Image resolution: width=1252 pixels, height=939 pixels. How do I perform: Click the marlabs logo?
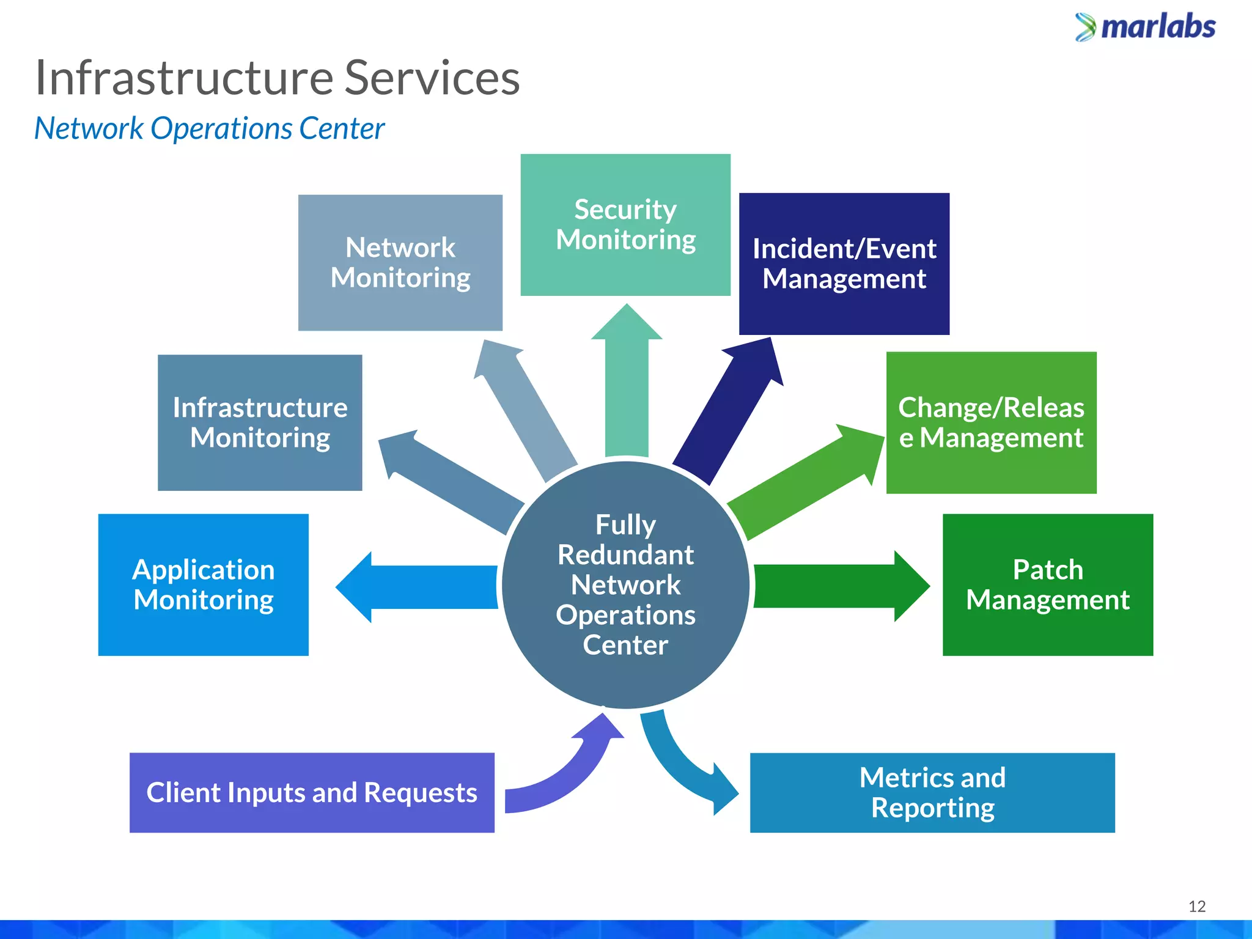pos(1146,28)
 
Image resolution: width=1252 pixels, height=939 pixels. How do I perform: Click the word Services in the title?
pos(432,78)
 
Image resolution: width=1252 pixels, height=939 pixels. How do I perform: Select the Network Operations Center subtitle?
pos(209,129)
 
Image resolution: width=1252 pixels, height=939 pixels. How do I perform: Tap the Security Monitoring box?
pos(625,224)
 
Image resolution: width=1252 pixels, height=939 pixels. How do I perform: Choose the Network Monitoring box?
pos(400,263)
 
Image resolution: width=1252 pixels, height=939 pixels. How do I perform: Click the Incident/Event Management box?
pos(844,263)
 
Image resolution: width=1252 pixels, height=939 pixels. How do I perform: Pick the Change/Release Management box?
pos(991,422)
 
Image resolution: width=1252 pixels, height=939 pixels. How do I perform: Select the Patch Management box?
pos(1047,584)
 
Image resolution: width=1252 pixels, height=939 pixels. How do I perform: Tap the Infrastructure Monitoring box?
pos(260,422)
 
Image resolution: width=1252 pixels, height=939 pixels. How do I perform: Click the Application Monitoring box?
pos(204,584)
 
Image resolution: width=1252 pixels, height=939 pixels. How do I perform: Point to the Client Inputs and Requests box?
pos(312,792)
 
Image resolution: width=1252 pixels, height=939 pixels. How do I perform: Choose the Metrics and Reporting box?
pos(932,792)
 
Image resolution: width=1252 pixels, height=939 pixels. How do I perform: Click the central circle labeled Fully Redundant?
pos(625,584)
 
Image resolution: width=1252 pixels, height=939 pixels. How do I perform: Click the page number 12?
pos(1196,906)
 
